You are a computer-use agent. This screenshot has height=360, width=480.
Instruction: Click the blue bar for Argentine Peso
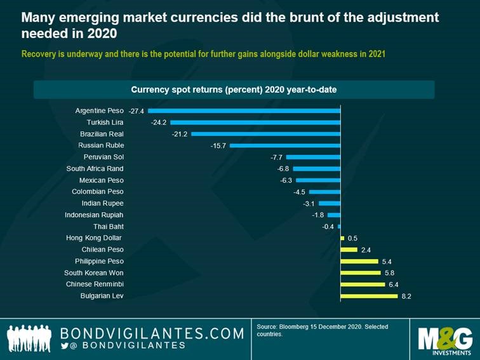click(244, 110)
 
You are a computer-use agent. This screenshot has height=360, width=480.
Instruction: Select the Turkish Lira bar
click(255, 123)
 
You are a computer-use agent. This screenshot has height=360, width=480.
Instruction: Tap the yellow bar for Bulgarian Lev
click(369, 296)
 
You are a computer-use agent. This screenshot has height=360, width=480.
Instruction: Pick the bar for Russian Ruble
click(285, 145)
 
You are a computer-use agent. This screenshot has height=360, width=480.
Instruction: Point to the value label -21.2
click(180, 134)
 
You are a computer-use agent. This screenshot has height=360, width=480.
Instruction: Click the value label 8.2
click(406, 296)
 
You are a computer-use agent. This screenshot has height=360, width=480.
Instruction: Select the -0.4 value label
click(328, 227)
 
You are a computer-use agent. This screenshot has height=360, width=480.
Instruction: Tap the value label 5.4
click(387, 262)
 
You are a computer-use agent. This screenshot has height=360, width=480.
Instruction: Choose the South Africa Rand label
click(95, 169)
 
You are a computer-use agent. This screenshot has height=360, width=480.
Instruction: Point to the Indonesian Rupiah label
click(94, 215)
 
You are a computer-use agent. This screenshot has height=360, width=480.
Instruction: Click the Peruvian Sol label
click(103, 157)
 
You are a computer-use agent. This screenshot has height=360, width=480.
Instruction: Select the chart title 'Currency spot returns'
click(234, 90)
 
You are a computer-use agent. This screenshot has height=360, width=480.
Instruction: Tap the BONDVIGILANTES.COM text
click(152, 333)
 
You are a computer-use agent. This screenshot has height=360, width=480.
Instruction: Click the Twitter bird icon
click(64, 345)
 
